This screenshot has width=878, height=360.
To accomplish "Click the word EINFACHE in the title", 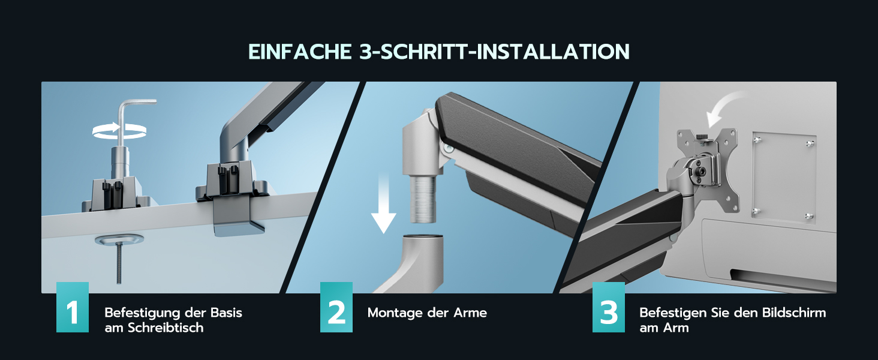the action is pos(300,52).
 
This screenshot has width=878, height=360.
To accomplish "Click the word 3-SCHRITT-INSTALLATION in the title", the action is pos(494,52).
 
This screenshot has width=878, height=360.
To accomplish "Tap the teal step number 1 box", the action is pos(73,307).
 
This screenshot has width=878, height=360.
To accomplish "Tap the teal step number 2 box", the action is pos(336,307).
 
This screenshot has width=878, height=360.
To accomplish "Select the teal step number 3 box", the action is pos(609,307).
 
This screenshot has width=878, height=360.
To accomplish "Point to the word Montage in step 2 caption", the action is pos(395,313).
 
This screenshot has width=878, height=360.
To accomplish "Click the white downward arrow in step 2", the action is pos(384,204).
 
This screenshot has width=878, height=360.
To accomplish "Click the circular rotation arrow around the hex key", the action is pos(119,131).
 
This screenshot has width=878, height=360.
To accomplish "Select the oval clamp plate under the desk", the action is pos(119,239).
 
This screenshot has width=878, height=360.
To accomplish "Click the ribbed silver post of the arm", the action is pos(423,199).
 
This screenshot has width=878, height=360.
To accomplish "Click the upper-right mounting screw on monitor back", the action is pos(810,143).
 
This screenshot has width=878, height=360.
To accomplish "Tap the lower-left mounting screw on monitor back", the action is pos(756,211).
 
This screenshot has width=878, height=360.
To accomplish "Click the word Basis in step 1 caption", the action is pos(226,313).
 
